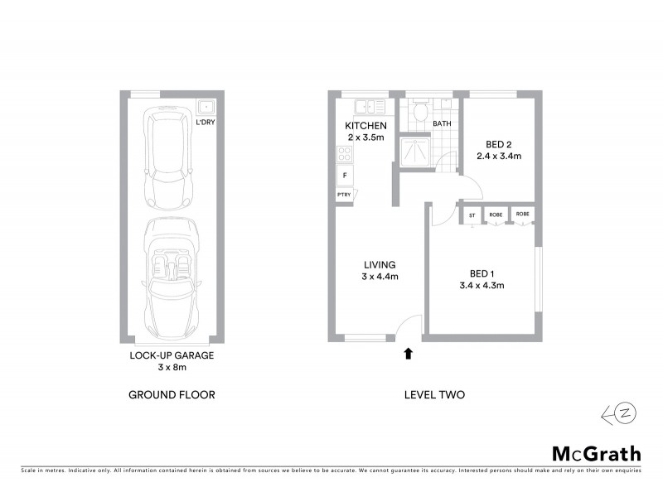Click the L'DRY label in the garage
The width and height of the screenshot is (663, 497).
tap(205, 123)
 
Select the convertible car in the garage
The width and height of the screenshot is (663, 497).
tap(172, 277)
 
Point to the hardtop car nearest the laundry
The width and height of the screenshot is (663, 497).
tap(168, 159)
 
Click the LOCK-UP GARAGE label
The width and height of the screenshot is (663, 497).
tap(172, 355)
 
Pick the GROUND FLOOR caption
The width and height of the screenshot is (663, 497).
tap(172, 395)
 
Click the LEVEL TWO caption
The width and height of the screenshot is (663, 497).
tap(434, 395)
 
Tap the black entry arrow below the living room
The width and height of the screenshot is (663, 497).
tap(407, 355)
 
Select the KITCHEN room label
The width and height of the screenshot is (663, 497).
tap(365, 126)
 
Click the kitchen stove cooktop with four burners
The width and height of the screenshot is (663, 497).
tap(345, 153)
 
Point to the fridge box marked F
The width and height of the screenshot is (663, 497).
tap(344, 176)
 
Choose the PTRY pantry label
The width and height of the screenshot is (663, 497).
tap(344, 195)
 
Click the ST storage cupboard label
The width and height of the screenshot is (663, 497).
tap(472, 215)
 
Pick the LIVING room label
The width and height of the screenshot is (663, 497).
tap(380, 265)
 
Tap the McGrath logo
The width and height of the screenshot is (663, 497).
tap(597, 453)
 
